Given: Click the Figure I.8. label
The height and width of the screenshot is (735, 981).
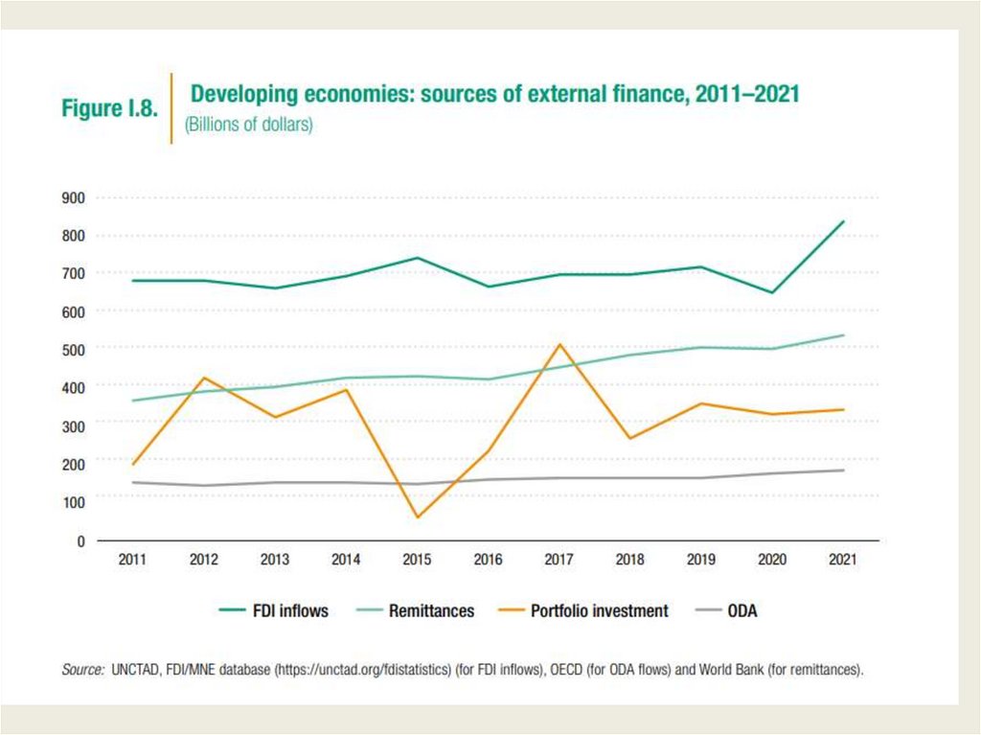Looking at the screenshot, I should [108, 108].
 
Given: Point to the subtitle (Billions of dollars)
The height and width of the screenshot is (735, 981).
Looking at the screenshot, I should [248, 126].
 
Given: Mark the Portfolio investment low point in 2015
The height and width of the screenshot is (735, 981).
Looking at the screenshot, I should [417, 517].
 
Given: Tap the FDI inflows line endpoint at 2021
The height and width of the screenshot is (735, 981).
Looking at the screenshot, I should [843, 221].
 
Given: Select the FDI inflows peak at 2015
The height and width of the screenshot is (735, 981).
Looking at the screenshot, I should [417, 258].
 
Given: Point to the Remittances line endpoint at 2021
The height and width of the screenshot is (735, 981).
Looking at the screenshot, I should [843, 335].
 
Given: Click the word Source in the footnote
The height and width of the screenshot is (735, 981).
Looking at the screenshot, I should [82, 671].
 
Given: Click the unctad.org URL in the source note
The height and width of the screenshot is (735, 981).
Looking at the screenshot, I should [363, 671].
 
